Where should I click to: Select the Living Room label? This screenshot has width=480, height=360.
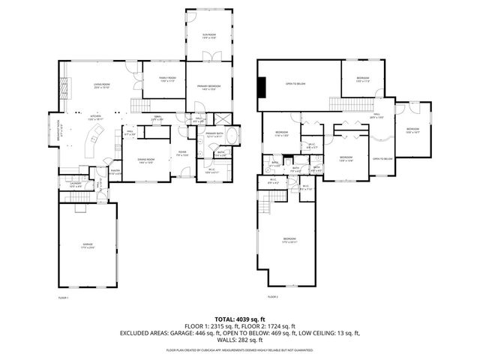pyautogui.click(x=101, y=85)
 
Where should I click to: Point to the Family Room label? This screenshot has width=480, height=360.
pyautogui.click(x=166, y=79)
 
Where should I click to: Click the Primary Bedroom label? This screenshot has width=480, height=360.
pyautogui.click(x=208, y=88)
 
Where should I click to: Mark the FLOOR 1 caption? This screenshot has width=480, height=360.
pyautogui.click(x=63, y=298)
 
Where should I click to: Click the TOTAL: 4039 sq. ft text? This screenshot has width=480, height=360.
pyautogui.click(x=240, y=319)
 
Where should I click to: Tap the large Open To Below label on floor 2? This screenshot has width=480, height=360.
pyautogui.click(x=295, y=83)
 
